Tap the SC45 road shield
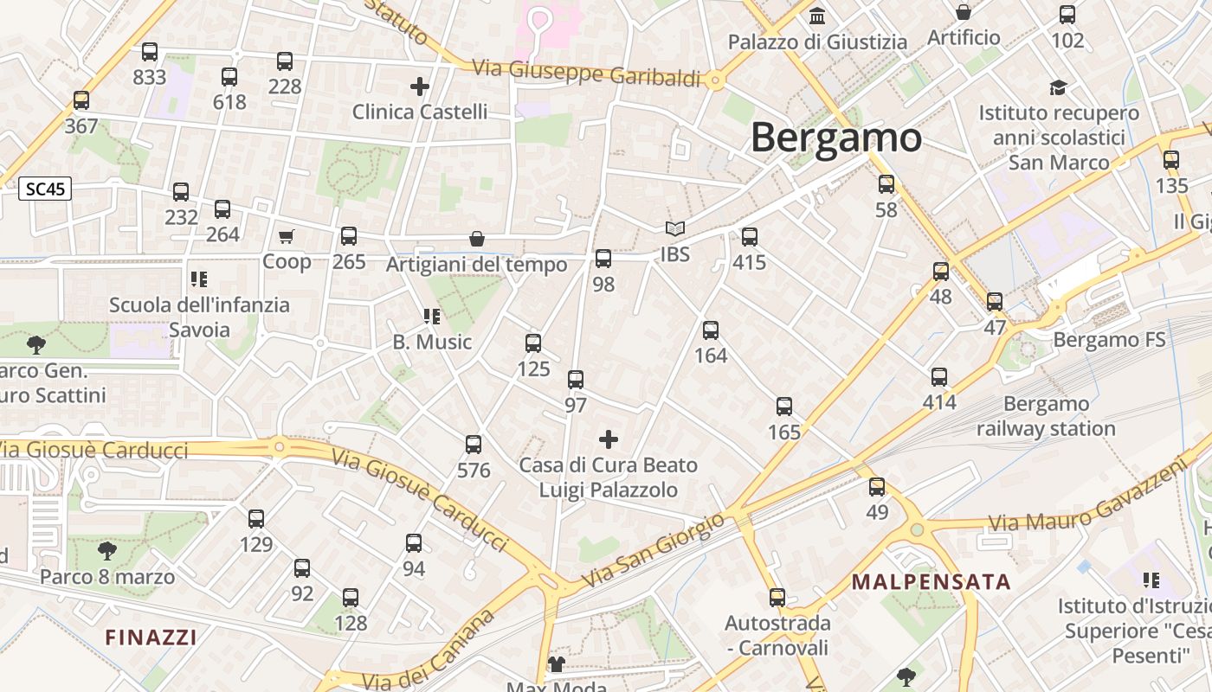[45, 189]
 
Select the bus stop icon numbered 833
[150, 52]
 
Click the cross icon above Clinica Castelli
[420, 86]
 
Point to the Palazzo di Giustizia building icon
[817, 16]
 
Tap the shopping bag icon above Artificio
[963, 12]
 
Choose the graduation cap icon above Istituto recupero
[1058, 87]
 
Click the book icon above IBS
[674, 229]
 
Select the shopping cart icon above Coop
[287, 236]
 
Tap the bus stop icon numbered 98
[603, 258]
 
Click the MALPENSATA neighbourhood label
[932, 582]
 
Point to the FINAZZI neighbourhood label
[151, 638]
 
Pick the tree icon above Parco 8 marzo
[107, 550]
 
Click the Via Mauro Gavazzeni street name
[1086, 499]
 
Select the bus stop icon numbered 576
[474, 445]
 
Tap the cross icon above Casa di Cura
[609, 439]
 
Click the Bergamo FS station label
[1109, 340]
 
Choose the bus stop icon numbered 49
[877, 487]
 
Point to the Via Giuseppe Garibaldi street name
[586, 73]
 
